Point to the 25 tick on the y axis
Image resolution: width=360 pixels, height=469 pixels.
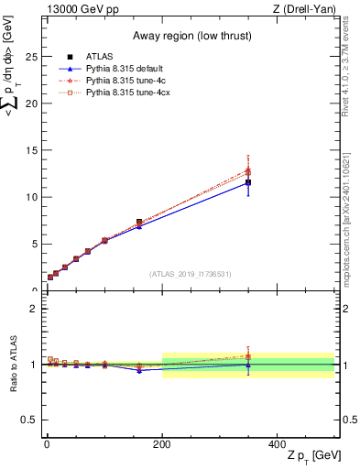click(33, 57)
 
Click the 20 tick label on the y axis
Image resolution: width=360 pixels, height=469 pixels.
click(33, 104)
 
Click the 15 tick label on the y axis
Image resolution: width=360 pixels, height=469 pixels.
click(33, 150)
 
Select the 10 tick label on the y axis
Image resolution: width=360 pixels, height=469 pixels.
click(33, 197)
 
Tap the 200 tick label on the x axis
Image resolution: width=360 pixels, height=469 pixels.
click(162, 443)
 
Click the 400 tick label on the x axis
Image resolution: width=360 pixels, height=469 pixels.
click(278, 443)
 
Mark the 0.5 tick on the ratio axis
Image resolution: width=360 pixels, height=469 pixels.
click(33, 420)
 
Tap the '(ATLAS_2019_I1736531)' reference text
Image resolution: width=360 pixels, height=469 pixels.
click(191, 274)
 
